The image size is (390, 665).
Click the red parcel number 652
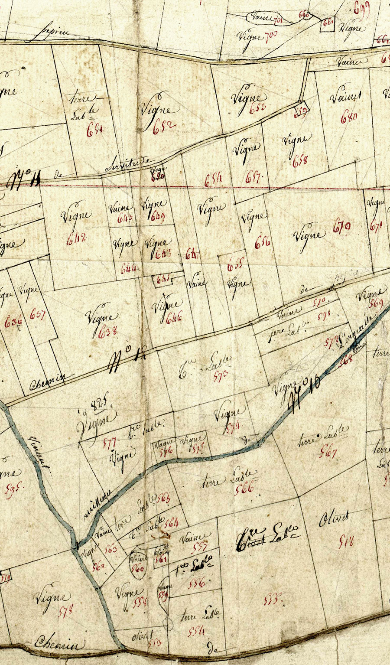tap(164, 125)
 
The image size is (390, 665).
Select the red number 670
tap(342, 227)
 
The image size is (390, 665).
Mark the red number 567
tap(328, 453)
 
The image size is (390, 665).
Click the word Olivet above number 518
tap(333, 519)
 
